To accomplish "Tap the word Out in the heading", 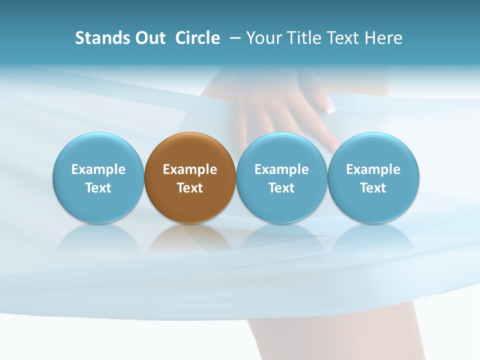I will [x=149, y=38].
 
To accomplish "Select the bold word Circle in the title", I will [x=197, y=38].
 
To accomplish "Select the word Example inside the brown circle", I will [x=190, y=169].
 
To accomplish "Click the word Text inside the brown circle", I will [x=190, y=188].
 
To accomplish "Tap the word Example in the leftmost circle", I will [x=98, y=169].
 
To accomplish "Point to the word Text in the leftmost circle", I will [x=98, y=188].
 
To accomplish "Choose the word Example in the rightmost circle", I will [x=373, y=169].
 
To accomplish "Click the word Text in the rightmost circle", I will [x=373, y=188].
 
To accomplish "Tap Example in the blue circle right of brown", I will [x=281, y=169].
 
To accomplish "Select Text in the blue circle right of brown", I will [x=281, y=188].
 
